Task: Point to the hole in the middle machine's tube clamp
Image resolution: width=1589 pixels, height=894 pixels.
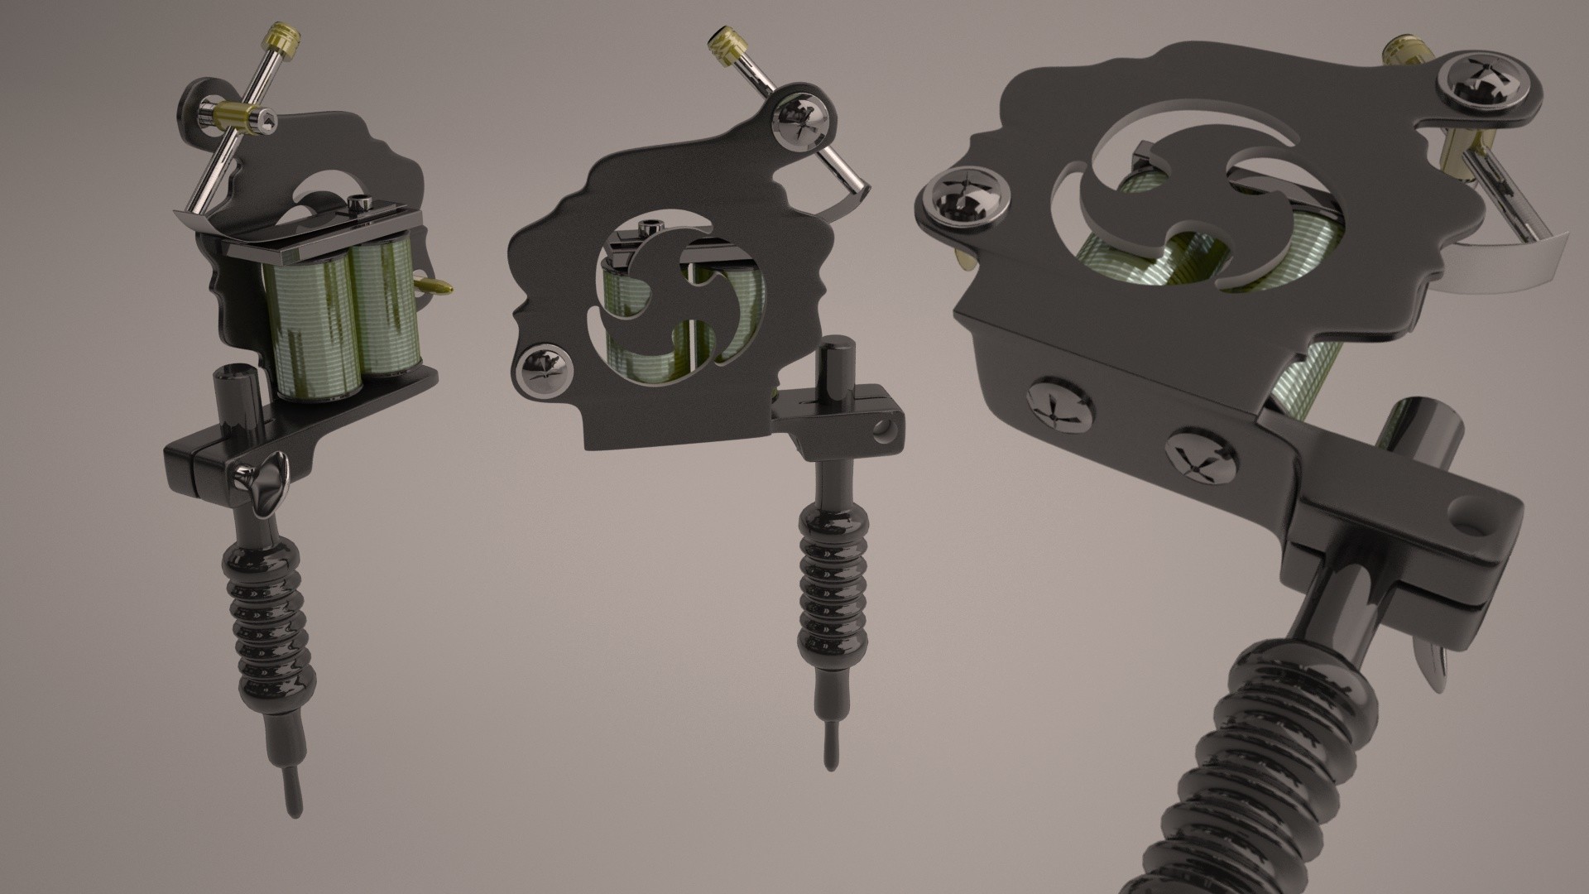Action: tap(886, 429)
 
